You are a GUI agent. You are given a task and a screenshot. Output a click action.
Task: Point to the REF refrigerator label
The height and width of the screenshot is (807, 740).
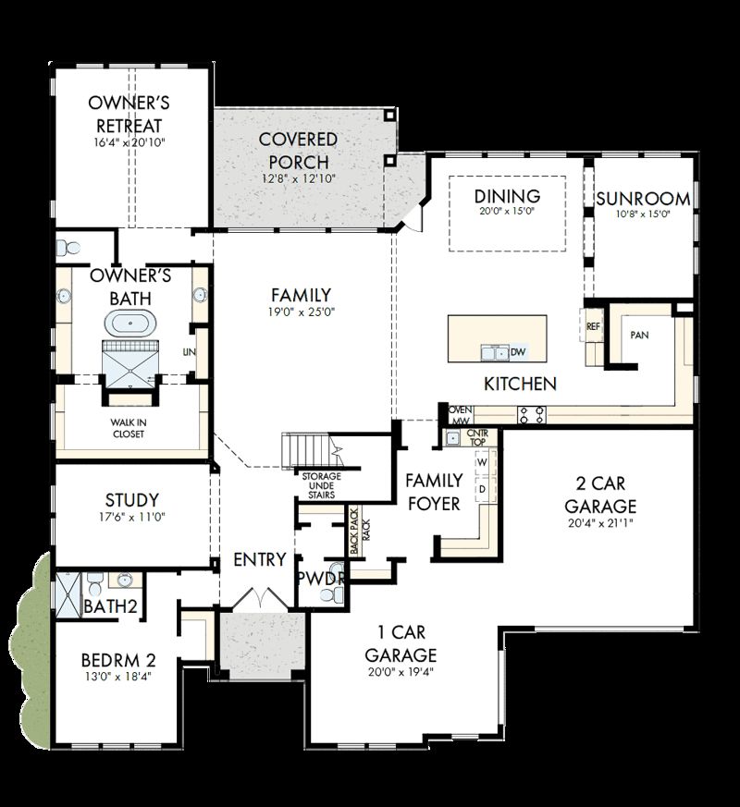pos(593,326)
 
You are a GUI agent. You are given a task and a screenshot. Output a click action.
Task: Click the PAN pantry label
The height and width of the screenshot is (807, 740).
pos(639,335)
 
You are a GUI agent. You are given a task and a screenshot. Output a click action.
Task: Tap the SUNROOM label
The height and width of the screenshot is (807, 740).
pos(643,198)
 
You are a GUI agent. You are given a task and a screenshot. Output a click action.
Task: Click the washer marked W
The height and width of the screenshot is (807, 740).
pos(482,462)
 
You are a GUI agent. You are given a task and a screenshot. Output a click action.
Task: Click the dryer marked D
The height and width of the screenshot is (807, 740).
pos(482,487)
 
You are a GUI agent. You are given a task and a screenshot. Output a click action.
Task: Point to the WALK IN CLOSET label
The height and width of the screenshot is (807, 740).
pos(129,428)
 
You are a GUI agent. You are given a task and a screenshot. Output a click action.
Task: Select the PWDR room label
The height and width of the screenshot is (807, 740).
pos(321,579)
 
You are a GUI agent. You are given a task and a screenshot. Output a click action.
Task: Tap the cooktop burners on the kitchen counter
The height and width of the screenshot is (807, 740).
pos(532,414)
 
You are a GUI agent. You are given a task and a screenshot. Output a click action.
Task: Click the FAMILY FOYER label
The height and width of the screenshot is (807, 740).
pos(434,491)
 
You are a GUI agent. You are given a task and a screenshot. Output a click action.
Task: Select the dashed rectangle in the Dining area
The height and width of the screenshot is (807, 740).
pos(507,213)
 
